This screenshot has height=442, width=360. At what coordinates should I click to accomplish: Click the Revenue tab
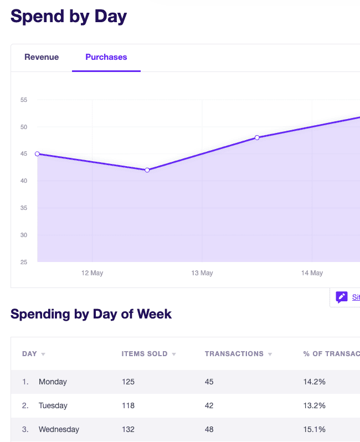pos(42,57)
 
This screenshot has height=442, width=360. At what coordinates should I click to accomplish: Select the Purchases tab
pos(106,57)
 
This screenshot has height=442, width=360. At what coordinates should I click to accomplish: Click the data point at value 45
pos(37,154)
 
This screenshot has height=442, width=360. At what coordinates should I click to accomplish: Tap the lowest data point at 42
pos(147,170)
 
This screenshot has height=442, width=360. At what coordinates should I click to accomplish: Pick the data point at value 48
pos(257,137)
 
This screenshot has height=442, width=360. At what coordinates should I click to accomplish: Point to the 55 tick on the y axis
pos(24,100)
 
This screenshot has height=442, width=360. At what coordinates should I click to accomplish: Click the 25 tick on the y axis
pos(24,262)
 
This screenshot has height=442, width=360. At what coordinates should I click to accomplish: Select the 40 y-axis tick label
pos(24,181)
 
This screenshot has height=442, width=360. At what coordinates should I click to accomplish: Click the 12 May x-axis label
pos(92,273)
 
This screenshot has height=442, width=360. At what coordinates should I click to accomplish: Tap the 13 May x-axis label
pos(202,273)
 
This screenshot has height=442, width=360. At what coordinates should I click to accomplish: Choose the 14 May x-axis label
pos(312,273)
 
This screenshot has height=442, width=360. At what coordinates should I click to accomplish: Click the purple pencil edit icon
pos(341,297)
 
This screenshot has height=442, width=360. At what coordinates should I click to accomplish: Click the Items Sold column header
pos(145,354)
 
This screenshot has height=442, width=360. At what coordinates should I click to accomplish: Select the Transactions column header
pos(234,354)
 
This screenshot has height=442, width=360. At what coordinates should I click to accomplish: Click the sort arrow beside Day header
pos(43,354)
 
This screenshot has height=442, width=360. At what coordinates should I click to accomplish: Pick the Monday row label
pos(53,382)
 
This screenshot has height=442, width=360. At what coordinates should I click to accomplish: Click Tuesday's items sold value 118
pos(128,405)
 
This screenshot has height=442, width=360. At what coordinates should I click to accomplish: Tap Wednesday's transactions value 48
pos(209,429)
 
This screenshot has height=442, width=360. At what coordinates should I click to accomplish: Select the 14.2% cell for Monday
pos(315,382)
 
